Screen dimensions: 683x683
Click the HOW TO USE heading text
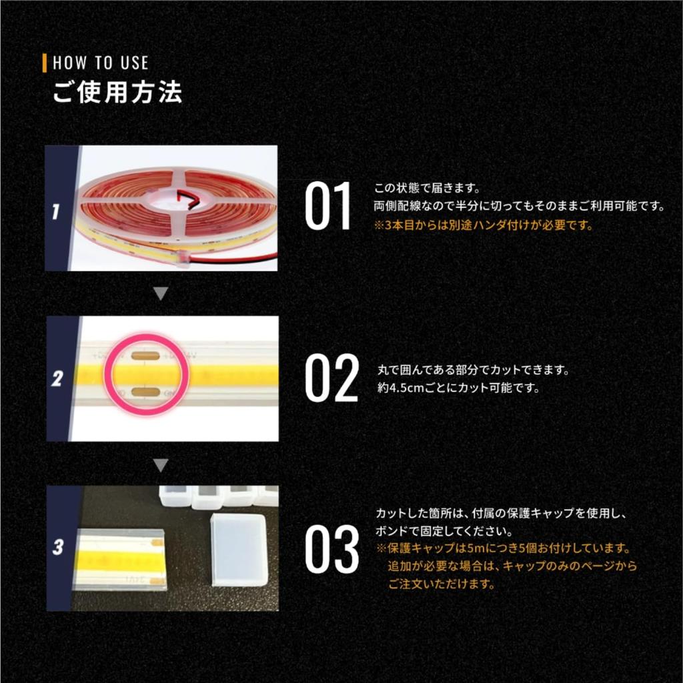(100, 63)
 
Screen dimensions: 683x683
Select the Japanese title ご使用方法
(117, 93)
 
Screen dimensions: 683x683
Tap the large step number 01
(327, 207)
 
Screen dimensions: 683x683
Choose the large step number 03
(331, 550)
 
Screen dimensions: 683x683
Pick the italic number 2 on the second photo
(58, 380)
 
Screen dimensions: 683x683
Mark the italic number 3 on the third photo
(59, 548)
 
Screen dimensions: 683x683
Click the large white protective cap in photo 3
(237, 550)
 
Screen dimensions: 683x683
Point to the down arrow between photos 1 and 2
(160, 293)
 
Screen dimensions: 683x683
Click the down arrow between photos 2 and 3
(160, 464)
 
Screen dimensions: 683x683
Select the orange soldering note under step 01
(484, 225)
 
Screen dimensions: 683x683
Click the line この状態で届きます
(427, 189)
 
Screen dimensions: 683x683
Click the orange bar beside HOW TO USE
(45, 63)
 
